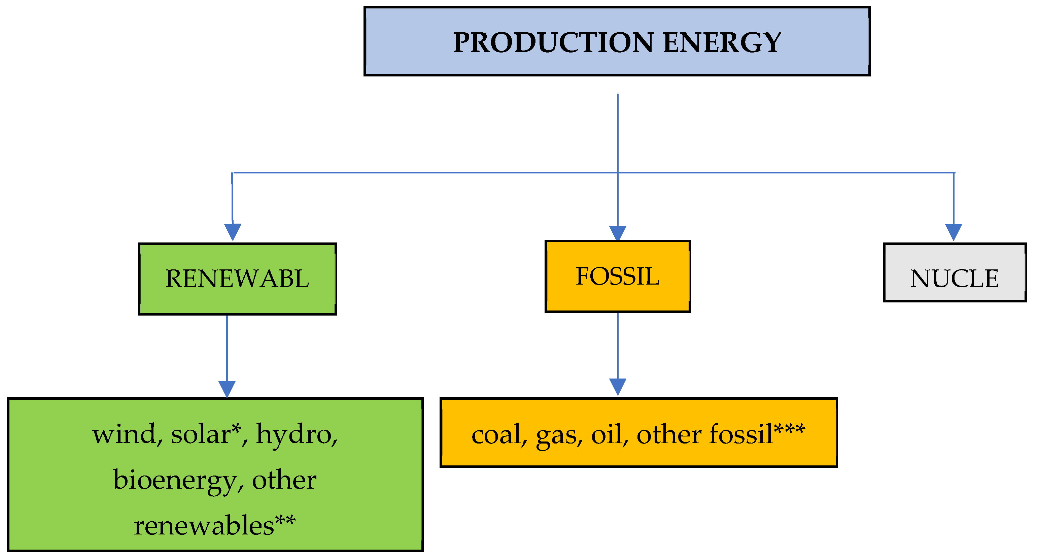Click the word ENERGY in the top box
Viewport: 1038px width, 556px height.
tap(722, 42)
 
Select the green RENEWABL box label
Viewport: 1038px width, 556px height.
tap(237, 279)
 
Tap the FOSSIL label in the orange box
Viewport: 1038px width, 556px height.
tap(617, 276)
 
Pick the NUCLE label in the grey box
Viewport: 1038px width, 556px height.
tap(954, 279)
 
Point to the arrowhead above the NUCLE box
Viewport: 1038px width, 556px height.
tap(954, 232)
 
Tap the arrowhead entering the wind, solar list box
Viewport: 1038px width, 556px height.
tap(227, 389)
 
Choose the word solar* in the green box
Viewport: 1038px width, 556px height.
tap(206, 435)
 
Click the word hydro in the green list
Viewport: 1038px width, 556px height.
tap(294, 435)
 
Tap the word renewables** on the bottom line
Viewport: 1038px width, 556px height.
tap(214, 526)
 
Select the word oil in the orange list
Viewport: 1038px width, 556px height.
tap(607, 435)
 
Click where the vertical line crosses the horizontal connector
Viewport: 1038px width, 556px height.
tap(618, 172)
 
